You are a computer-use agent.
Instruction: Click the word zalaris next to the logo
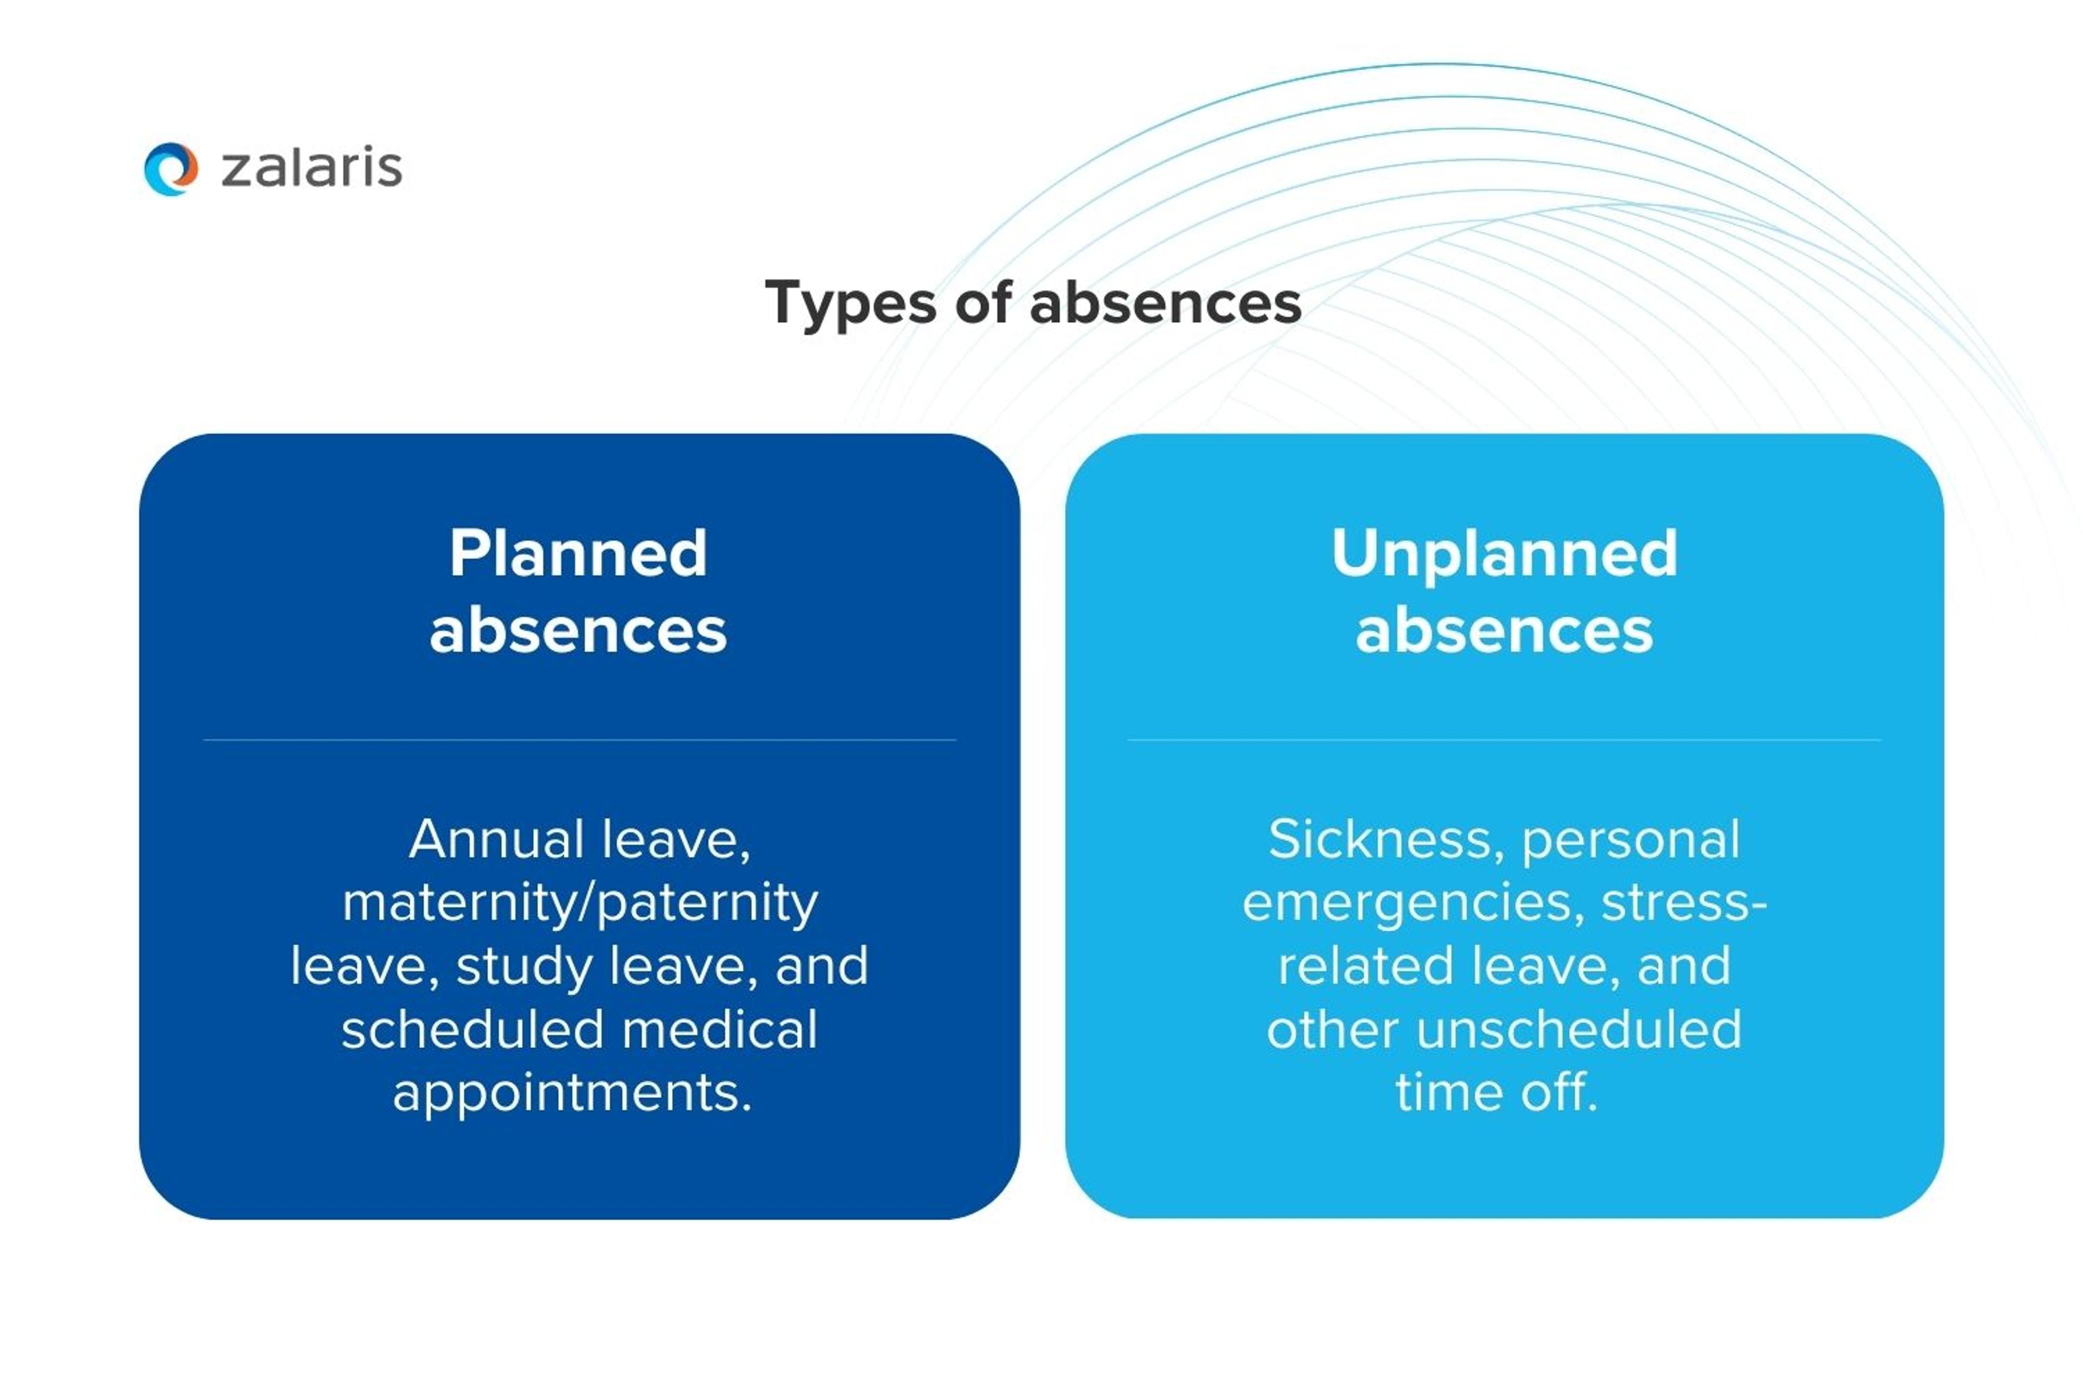point(312,168)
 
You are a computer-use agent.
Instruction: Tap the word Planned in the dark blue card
point(578,553)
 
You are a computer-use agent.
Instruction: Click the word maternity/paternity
point(580,903)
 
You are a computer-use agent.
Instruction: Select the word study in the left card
point(525,966)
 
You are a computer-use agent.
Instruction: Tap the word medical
point(719,1029)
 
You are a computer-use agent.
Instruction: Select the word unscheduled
point(1579,1029)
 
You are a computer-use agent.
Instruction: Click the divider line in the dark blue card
point(579,740)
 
